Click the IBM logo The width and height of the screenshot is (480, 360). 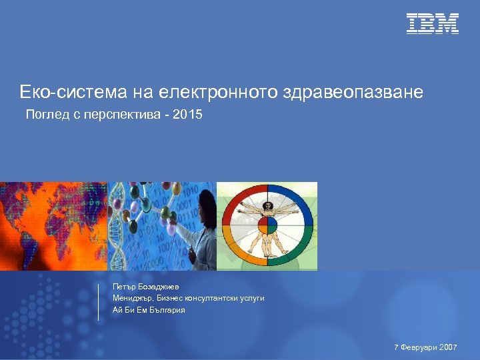[433, 23]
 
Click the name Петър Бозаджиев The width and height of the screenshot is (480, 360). [146, 286]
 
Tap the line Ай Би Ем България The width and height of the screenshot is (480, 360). [149, 310]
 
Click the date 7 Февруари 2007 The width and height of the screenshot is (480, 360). [425, 347]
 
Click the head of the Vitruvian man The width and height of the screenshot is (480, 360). [267, 207]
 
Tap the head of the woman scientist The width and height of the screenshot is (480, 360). [205, 199]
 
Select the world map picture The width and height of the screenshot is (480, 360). [53, 226]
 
